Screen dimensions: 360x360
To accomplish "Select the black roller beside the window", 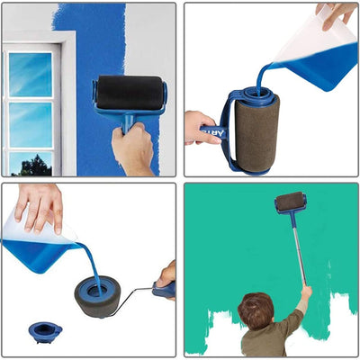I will point(131,92).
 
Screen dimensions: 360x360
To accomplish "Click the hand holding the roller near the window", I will point(133,148).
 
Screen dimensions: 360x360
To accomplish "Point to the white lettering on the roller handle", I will point(213,131).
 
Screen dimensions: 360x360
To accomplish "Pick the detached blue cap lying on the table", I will point(45,330).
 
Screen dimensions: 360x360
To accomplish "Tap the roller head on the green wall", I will point(290,202).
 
